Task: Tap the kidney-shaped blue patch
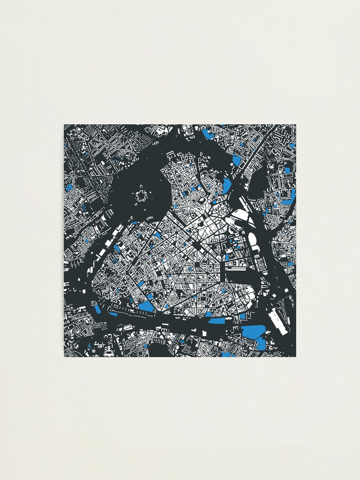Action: pyautogui.click(x=227, y=185)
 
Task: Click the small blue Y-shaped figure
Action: pyautogui.click(x=89, y=346)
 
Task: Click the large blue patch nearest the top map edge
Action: pyautogui.click(x=207, y=133)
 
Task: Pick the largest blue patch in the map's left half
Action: pyautogui.click(x=146, y=306)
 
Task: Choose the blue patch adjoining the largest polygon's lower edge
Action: pyautogui.click(x=260, y=343)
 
